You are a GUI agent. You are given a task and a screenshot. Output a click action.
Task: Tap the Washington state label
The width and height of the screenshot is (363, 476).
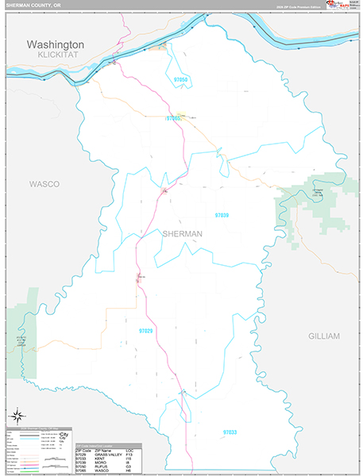coord(56,44)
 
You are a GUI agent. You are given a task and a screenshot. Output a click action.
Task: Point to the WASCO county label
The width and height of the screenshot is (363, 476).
coord(44,183)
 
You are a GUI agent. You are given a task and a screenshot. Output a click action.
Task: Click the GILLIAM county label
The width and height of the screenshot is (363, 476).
coord(324,336)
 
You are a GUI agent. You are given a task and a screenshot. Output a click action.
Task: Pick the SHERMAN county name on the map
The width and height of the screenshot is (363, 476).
coord(182,234)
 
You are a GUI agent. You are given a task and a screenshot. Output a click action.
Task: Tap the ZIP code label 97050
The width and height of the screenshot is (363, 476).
coord(182,80)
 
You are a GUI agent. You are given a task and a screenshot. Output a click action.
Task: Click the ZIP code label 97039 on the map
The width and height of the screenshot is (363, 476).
coord(222,215)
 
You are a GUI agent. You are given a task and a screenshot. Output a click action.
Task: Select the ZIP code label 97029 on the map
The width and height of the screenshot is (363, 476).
coord(146,330)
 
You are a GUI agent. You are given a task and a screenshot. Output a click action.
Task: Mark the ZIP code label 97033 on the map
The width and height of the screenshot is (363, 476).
coord(230,432)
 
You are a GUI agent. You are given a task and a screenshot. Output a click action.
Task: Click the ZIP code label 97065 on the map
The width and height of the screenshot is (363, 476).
coord(174,118)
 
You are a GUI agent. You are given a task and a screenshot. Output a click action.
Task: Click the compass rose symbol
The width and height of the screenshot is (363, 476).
coord(17,416)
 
